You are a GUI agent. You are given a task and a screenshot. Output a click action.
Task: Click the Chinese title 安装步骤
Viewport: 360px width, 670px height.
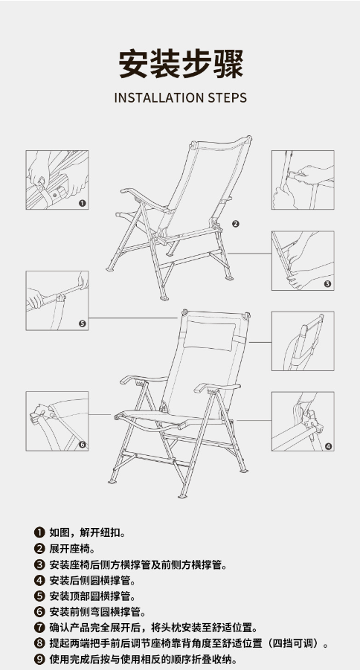point(181,64)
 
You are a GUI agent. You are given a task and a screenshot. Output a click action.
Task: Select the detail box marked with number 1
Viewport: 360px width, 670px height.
point(57,180)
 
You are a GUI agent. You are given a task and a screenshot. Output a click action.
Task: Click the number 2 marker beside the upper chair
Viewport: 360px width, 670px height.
point(236,224)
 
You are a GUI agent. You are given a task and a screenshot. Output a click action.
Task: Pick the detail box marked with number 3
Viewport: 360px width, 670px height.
point(303,261)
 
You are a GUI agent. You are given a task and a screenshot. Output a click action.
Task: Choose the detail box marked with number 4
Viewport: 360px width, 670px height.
point(303,422)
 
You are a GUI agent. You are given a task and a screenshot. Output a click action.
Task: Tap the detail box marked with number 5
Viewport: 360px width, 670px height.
point(57,300)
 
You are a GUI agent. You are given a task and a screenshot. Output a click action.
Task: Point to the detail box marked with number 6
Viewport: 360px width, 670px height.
point(57,422)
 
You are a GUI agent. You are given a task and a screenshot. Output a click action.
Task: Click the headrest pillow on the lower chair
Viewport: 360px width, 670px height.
point(210,335)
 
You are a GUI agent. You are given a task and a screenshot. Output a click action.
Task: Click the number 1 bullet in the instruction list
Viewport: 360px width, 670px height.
point(39,532)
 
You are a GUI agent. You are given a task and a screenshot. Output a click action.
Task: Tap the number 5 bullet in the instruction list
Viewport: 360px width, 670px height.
point(39,596)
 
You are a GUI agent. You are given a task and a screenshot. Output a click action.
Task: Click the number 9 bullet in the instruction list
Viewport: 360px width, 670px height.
point(39,659)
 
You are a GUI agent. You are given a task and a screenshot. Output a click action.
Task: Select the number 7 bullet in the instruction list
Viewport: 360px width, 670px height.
point(39,628)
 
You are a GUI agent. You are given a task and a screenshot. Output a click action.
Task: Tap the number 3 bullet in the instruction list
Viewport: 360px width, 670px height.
point(39,564)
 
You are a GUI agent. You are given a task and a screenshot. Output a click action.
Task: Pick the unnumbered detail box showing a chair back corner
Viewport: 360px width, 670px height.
point(303,341)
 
